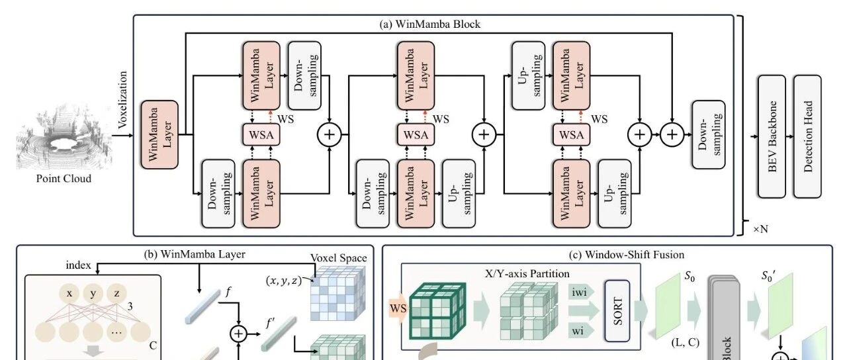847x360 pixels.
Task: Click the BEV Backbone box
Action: coord(772,136)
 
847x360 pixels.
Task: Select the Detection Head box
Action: coord(807,136)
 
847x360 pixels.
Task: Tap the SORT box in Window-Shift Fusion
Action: coord(617,311)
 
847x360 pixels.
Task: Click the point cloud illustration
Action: coord(63,138)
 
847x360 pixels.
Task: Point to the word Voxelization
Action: coord(122,100)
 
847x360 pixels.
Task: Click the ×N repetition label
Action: coord(760,229)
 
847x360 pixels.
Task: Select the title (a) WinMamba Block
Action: coord(430,24)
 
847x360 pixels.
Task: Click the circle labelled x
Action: coord(69,294)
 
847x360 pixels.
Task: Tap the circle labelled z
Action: coord(117,294)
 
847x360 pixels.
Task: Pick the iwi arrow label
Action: coord(580,292)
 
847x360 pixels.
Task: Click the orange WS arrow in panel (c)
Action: coord(398,308)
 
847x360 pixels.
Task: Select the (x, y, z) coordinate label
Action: coord(284,281)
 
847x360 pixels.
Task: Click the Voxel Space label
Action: coord(338,258)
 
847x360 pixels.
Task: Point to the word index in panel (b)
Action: coord(78,265)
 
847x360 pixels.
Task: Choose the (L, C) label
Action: coord(685,342)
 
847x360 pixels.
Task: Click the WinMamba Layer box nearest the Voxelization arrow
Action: coord(159,134)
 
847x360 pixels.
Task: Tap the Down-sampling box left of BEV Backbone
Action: coord(709,134)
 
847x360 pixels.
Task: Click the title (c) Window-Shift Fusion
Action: coord(627,255)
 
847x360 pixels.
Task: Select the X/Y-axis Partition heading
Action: coord(527,273)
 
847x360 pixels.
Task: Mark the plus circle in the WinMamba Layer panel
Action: coord(239,334)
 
